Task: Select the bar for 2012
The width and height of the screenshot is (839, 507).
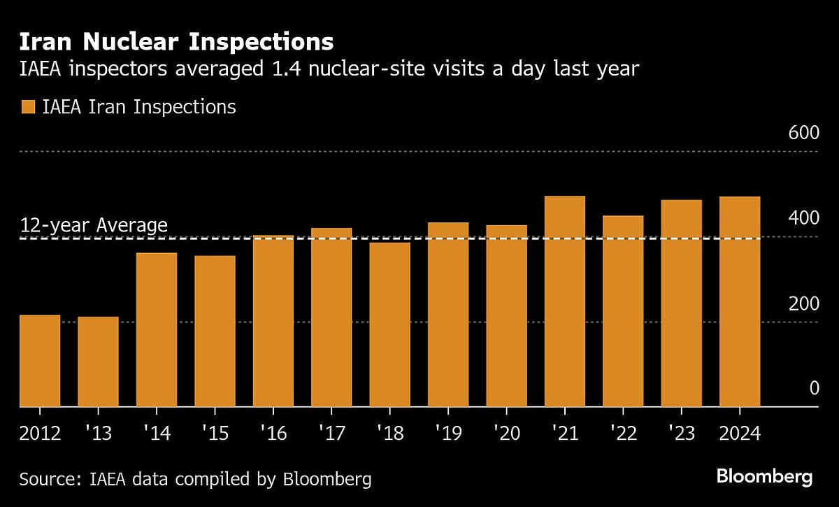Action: point(40,361)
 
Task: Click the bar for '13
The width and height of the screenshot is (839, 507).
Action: point(98,362)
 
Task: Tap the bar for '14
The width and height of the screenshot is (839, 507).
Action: point(157,329)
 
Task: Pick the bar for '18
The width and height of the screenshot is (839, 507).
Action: point(389,324)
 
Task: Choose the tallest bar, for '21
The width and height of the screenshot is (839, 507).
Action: point(564,301)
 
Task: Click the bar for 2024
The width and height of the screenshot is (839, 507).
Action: point(740,301)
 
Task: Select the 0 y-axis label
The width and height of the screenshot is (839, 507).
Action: point(813,388)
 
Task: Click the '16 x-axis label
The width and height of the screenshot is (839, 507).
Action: point(273,434)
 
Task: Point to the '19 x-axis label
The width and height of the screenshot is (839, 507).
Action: point(447,434)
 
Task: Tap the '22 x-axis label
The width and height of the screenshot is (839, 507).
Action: point(622,434)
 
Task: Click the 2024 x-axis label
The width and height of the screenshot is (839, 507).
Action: point(740,434)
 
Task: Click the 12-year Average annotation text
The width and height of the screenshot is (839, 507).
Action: point(94,225)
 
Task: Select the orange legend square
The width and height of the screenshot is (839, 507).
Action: point(27,107)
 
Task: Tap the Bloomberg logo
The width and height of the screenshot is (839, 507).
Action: point(764,478)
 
